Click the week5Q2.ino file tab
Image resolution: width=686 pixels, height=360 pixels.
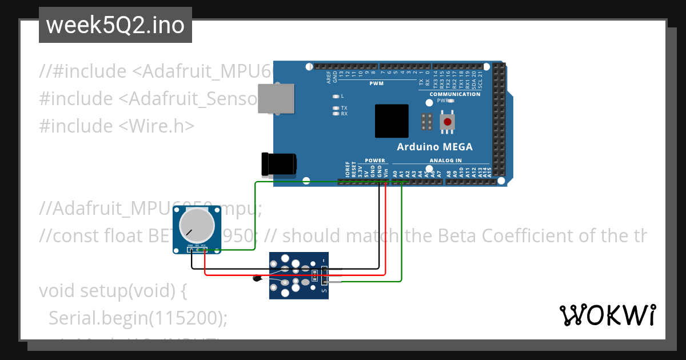pyautogui.click(x=115, y=26)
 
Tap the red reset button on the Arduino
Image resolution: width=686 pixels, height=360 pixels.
pyautogui.click(x=448, y=121)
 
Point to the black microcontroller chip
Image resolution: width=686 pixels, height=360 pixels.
pyautogui.click(x=392, y=121)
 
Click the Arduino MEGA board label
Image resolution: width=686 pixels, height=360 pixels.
pyautogui.click(x=434, y=147)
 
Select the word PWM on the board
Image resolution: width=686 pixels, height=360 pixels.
pyautogui.click(x=377, y=83)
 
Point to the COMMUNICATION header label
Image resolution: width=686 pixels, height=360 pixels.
pyautogui.click(x=455, y=94)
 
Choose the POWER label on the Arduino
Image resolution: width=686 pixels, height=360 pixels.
pyautogui.click(x=375, y=161)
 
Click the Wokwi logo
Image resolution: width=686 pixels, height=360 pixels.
pyautogui.click(x=607, y=315)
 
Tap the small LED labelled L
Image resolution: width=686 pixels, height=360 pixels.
pyautogui.click(x=336, y=96)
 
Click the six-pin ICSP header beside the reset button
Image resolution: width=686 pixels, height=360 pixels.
pyautogui.click(x=426, y=121)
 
